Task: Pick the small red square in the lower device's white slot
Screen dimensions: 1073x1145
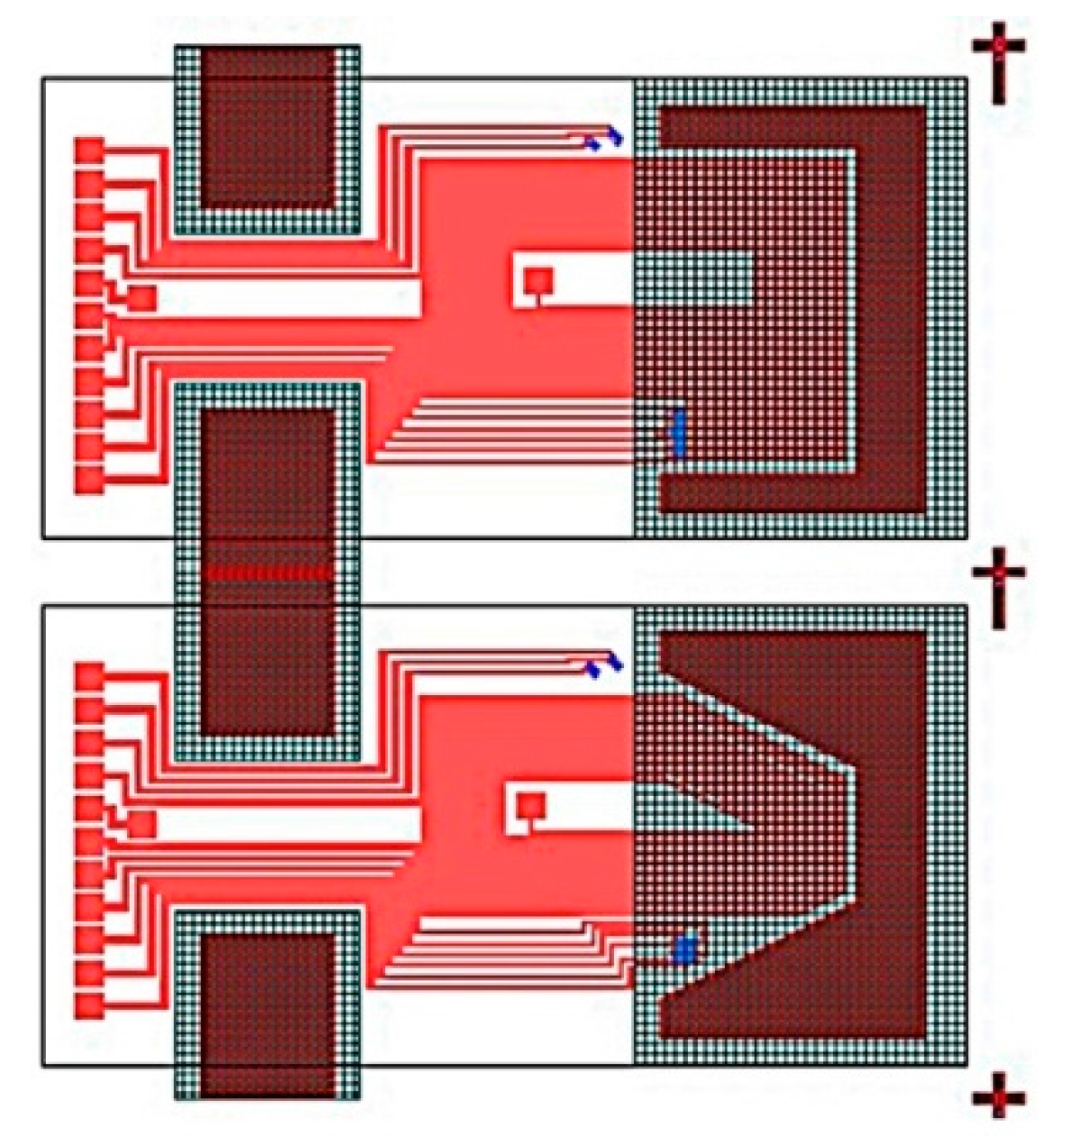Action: click(x=531, y=804)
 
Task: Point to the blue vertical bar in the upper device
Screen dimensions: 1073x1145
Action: click(x=678, y=432)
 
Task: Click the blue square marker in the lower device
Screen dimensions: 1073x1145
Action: click(x=685, y=949)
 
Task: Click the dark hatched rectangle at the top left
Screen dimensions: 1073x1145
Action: click(x=267, y=127)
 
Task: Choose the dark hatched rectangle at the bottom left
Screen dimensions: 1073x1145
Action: click(x=267, y=1014)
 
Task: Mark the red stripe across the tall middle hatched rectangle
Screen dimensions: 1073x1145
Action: click(x=267, y=572)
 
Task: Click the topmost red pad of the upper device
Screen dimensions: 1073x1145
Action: click(x=88, y=150)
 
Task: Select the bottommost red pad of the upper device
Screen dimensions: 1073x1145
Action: click(x=88, y=479)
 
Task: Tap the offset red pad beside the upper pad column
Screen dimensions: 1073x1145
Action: click(x=142, y=298)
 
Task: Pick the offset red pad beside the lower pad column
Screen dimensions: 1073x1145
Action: click(x=142, y=823)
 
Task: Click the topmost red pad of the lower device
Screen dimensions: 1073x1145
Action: click(x=88, y=676)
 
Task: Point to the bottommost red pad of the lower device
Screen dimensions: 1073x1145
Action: click(x=88, y=1003)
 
